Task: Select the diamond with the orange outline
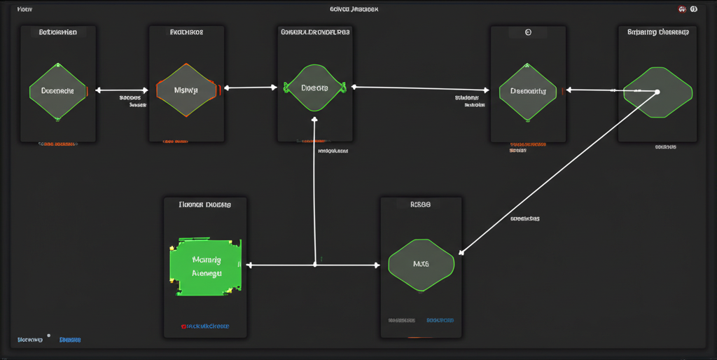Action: pos(186,90)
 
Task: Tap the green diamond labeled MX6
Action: pos(421,265)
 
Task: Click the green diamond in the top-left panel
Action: pos(57,91)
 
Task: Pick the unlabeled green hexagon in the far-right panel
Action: pos(657,92)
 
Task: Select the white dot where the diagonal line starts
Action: pos(657,92)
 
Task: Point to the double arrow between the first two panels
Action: pos(122,90)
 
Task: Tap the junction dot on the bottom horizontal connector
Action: pos(314,265)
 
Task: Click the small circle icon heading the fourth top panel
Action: pos(528,32)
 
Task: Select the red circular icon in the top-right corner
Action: pos(682,9)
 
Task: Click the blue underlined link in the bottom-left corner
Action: pos(70,340)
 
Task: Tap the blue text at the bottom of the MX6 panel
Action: pos(440,320)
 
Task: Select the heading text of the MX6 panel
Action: pos(420,205)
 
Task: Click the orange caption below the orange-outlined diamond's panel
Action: pos(177,141)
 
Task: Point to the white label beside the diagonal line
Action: pos(524,219)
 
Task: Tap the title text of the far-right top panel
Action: pos(657,32)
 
